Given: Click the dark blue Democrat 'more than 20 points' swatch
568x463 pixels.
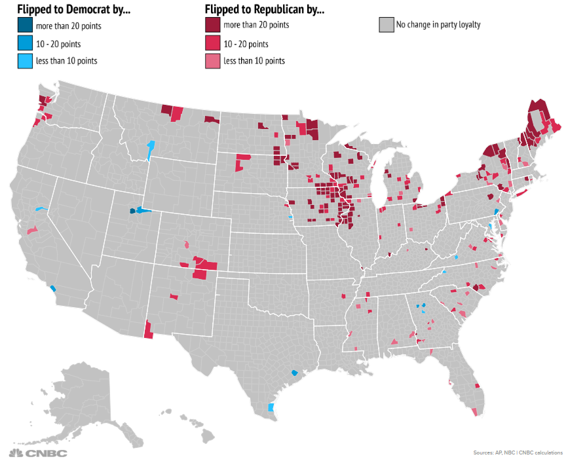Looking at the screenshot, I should coord(26,26).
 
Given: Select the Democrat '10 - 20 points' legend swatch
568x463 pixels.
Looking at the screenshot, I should coord(26,43).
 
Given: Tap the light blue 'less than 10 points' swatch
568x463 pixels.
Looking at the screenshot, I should coord(26,61).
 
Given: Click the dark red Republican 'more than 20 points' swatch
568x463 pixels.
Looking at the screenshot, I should coord(213,26).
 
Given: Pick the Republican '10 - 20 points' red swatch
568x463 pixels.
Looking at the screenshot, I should coord(213,43).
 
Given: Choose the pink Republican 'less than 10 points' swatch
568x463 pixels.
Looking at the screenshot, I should coord(213,61).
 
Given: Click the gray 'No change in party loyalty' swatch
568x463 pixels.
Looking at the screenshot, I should coord(386,26).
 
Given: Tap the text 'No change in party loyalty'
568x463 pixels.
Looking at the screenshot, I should coord(438,26).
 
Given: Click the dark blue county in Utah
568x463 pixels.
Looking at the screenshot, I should coord(132,211).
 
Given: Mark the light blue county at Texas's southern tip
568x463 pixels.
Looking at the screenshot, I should coord(271,407).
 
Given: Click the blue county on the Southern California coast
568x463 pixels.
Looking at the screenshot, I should coord(52,287).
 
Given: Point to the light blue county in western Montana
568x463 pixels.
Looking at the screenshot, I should coord(151,147).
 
